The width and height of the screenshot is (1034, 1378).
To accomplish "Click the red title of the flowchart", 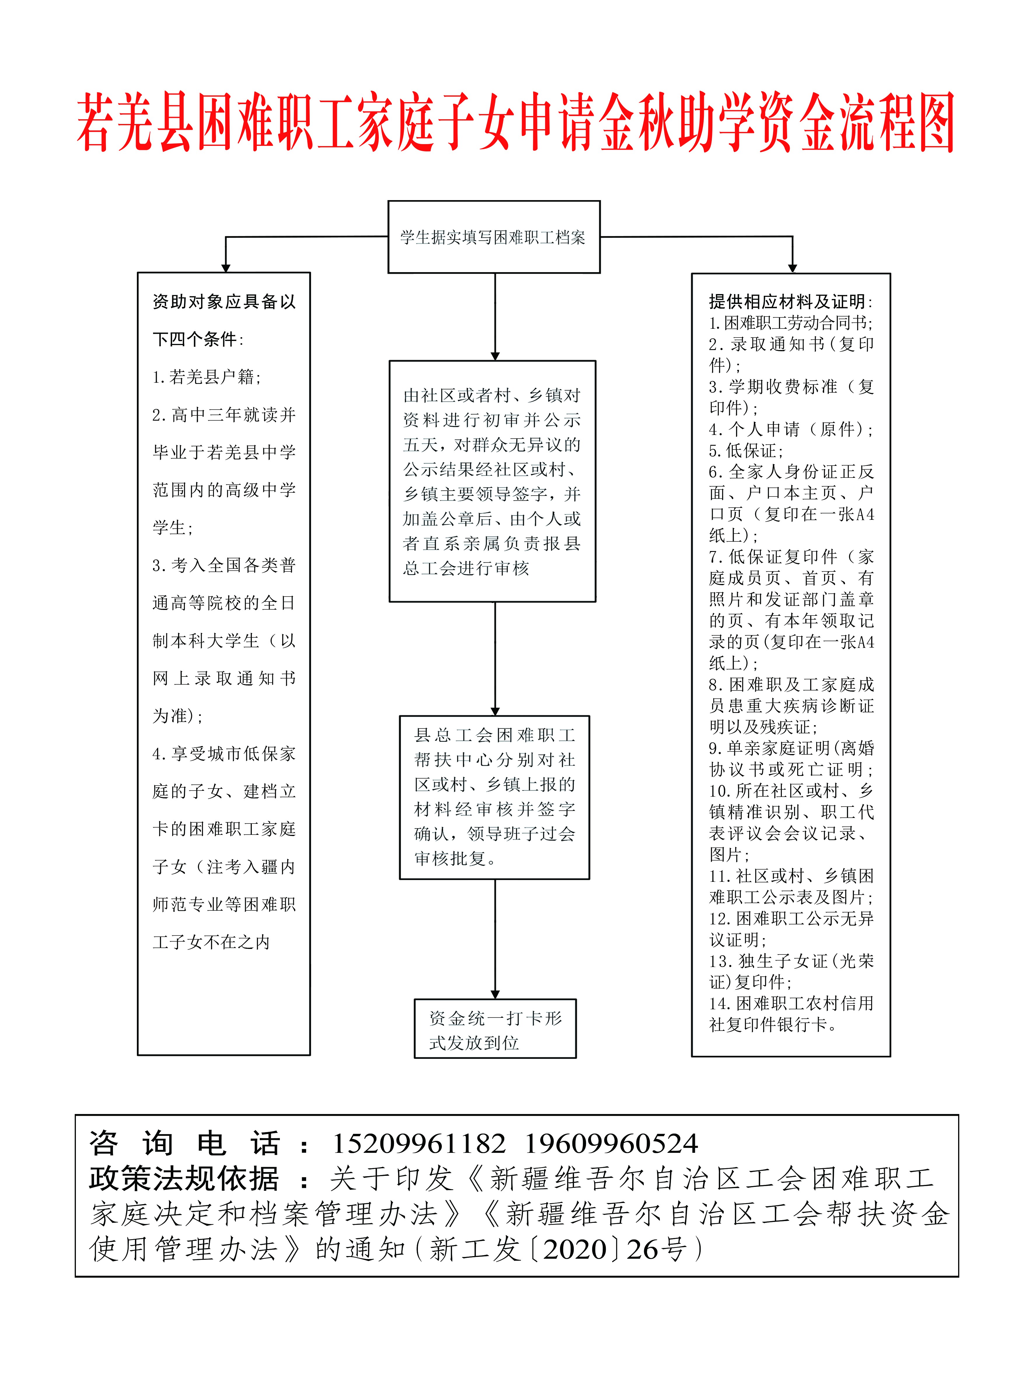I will click(516, 123).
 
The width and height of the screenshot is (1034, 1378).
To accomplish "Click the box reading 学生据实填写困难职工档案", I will click(494, 237).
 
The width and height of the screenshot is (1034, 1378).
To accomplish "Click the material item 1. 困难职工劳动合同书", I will click(790, 323).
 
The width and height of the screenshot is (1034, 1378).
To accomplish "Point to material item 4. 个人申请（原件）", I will click(790, 429).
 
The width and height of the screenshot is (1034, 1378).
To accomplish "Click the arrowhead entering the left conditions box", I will click(226, 268).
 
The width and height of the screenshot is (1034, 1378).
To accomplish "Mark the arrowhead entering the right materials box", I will click(792, 268).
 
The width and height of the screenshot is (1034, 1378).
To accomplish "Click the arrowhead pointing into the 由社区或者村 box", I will click(495, 356).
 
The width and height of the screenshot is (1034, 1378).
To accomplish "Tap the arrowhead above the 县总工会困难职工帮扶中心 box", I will click(495, 711).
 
